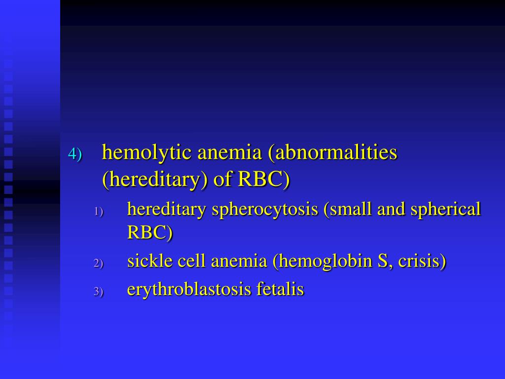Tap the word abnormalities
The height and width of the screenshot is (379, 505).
pyautogui.click(x=335, y=153)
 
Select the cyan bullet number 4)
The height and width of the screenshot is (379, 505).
pyautogui.click(x=74, y=154)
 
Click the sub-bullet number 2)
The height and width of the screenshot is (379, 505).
pyautogui.click(x=99, y=264)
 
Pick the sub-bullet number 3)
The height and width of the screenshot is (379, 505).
pyautogui.click(x=99, y=292)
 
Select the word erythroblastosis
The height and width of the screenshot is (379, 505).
pyautogui.click(x=189, y=290)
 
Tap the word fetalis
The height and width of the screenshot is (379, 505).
pyautogui.click(x=280, y=289)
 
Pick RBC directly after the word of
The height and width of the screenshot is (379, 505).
pyautogui.click(x=262, y=180)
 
